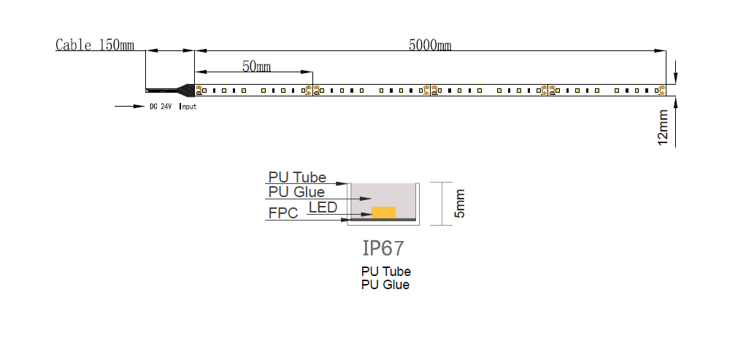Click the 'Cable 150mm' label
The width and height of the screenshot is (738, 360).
[x=95, y=45]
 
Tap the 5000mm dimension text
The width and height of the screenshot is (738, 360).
[x=429, y=45]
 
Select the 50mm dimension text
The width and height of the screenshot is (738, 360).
[x=256, y=66]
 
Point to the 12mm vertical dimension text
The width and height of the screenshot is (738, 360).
[x=663, y=128]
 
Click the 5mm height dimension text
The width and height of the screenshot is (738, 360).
[x=459, y=203]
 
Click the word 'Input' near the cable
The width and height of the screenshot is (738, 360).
[x=188, y=107]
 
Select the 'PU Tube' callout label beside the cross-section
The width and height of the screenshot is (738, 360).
[x=297, y=177]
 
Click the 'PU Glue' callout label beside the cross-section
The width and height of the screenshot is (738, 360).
[x=297, y=193]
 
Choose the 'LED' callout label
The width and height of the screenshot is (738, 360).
[x=323, y=208]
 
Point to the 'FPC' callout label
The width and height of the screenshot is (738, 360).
[x=282, y=214]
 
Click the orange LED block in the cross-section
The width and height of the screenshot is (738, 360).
[x=383, y=212]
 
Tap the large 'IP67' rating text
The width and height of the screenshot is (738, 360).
[x=383, y=248]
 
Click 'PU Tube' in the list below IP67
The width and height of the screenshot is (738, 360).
[x=385, y=272]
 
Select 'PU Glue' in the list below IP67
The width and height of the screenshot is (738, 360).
[x=385, y=285]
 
